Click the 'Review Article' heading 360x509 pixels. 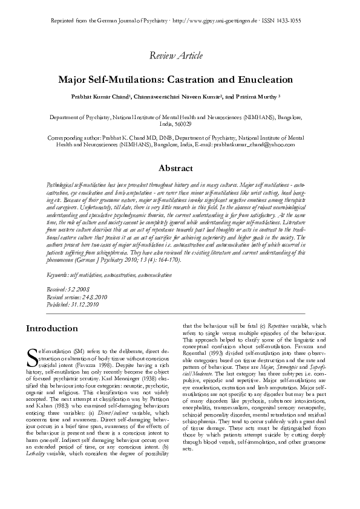pos(179,56)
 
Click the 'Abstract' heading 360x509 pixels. pos(179,168)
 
